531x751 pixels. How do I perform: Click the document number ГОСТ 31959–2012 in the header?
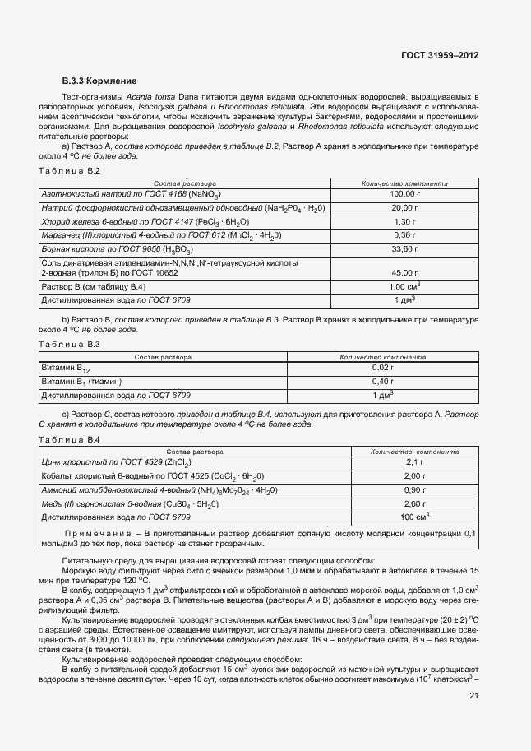tap(439, 56)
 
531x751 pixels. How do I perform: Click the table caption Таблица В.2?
tap(70, 170)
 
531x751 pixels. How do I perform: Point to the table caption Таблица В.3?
tap(70, 343)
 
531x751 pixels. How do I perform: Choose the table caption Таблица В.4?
tap(70, 440)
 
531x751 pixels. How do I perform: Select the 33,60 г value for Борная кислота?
tap(404, 248)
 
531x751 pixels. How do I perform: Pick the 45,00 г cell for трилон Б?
tap(404, 272)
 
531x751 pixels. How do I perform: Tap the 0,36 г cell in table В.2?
tap(404, 234)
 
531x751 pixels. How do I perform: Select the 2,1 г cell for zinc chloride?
tap(413, 464)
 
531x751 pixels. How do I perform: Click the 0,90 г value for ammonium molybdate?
tap(413, 490)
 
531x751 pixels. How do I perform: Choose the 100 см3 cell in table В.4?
tap(413, 517)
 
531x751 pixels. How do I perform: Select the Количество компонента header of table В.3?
tap(383, 358)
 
